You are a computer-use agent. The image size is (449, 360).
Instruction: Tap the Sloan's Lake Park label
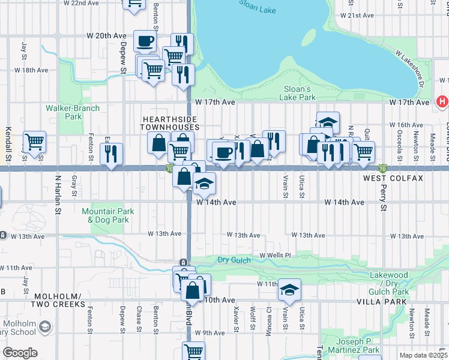tap(299, 93)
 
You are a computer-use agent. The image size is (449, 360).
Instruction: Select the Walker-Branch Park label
tap(73, 112)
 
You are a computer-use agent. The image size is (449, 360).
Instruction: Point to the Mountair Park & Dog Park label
tap(105, 215)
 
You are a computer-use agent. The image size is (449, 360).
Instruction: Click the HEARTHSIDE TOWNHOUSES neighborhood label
tap(170, 123)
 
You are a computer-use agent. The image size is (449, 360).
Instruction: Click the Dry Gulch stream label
tap(233, 260)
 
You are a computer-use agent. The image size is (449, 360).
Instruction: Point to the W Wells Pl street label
tap(275, 255)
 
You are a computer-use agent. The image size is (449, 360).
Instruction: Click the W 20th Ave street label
tap(106, 36)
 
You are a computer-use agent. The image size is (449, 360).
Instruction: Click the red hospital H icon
tap(442, 102)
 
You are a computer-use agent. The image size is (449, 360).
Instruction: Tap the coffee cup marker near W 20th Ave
tap(145, 41)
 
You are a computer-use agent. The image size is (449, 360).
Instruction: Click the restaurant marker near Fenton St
tap(111, 153)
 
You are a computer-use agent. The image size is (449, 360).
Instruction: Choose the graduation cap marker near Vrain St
tap(289, 290)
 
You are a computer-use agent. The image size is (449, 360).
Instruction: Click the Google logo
tap(20, 353)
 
